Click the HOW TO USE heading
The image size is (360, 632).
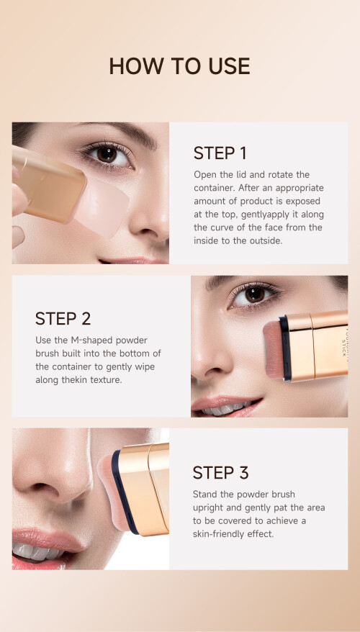point(179,66)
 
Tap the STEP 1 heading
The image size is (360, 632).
point(220,153)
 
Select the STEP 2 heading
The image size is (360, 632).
point(63,318)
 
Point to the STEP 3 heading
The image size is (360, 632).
point(220,473)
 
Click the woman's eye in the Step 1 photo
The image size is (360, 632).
point(107,155)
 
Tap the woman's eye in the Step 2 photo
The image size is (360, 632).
point(254,295)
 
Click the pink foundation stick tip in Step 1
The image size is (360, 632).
point(103,207)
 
